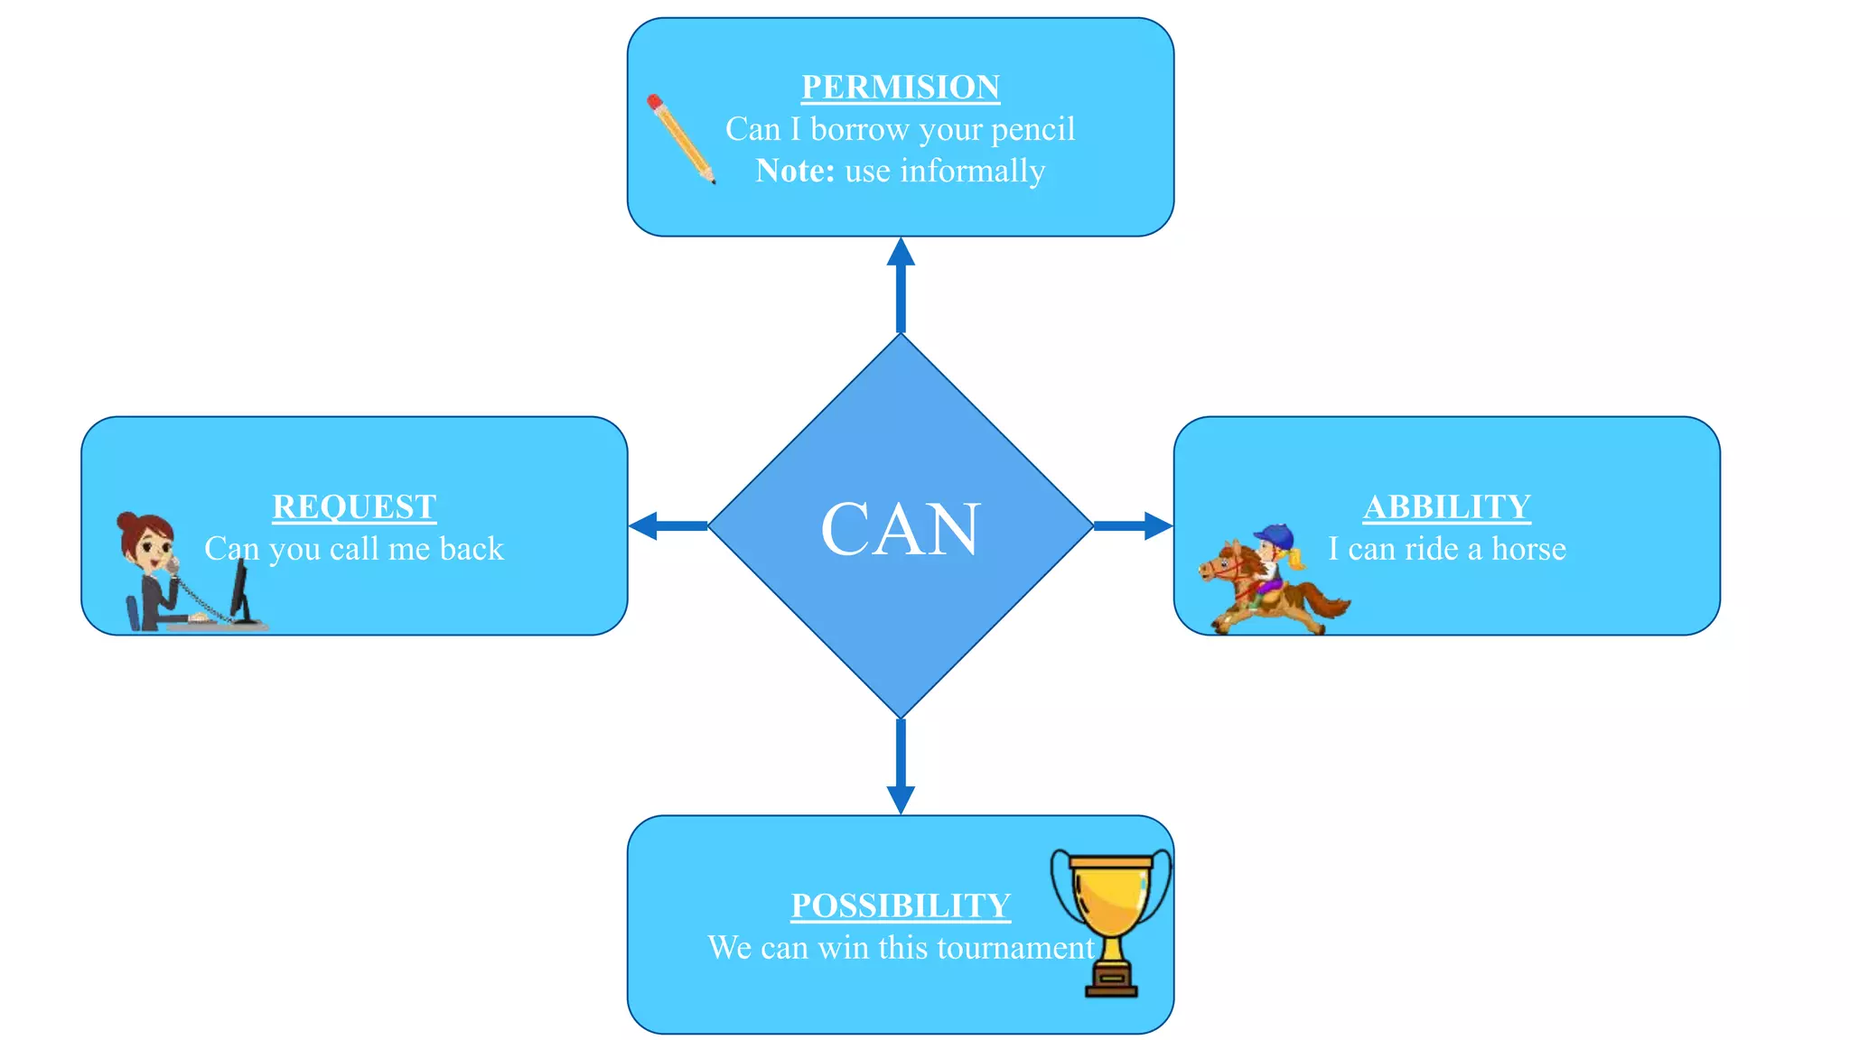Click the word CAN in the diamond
point(900,529)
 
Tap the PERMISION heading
point(900,88)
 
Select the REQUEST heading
point(354,507)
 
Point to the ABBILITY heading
point(1446,507)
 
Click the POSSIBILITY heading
point(900,905)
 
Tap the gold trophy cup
point(1110,912)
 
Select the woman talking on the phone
point(150,569)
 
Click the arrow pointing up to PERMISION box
point(900,284)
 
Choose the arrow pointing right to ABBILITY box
point(1134,525)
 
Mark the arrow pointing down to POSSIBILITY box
point(900,767)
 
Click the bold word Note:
point(795,171)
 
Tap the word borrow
point(859,129)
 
